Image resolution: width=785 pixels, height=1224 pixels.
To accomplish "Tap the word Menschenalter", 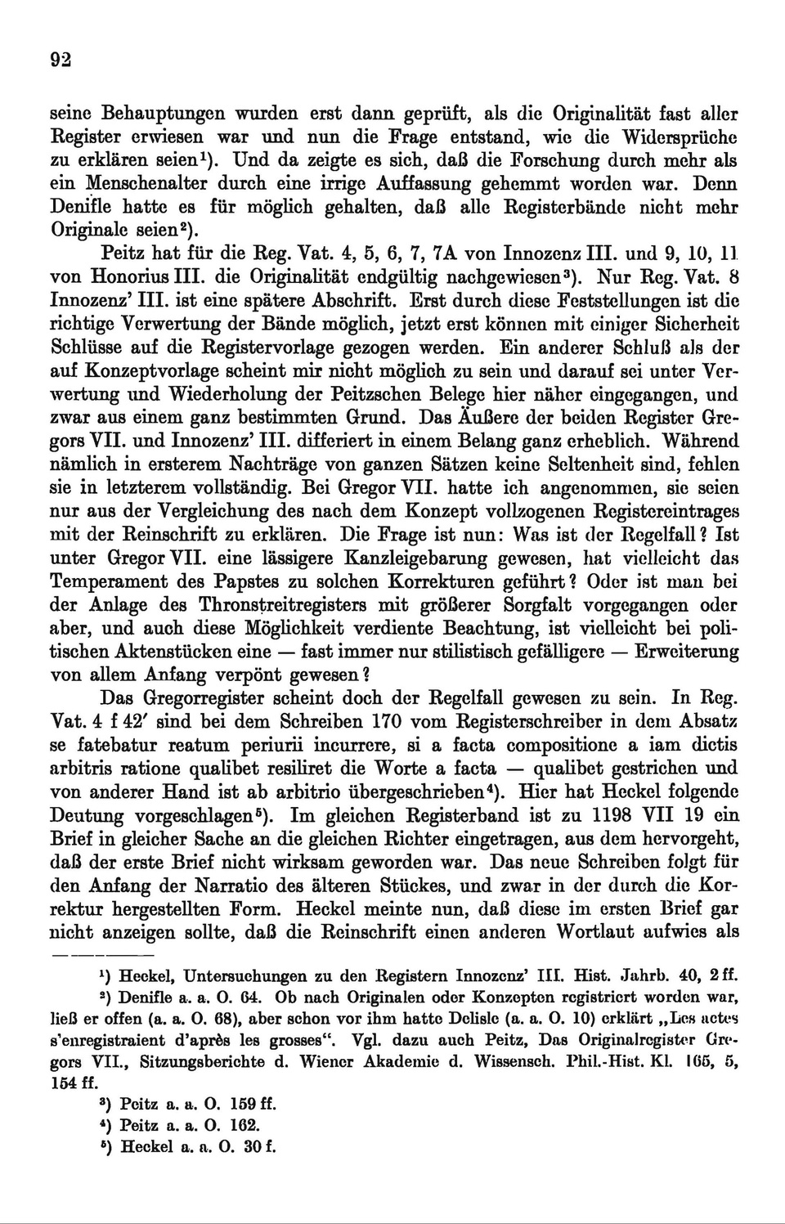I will [155, 185].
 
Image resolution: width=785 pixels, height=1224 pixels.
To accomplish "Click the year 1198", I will [593, 815].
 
